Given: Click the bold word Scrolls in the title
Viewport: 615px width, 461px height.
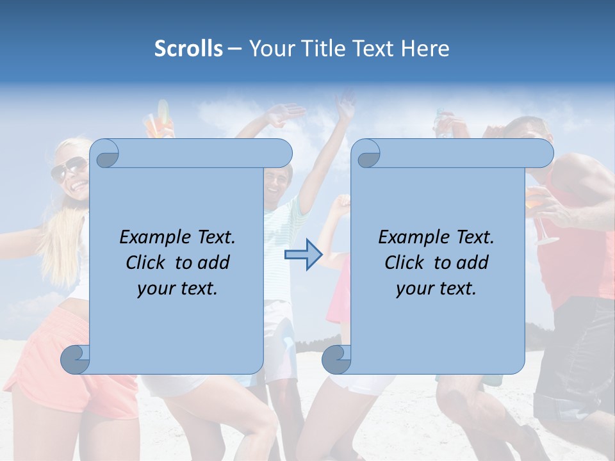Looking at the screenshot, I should (x=188, y=49).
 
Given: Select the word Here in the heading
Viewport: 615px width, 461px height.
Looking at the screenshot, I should (x=425, y=49).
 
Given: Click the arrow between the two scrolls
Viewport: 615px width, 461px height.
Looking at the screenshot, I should (x=303, y=255).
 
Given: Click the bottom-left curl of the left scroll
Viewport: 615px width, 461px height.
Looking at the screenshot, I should (x=76, y=359).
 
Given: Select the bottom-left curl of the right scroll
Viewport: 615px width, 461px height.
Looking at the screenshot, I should (x=336, y=359).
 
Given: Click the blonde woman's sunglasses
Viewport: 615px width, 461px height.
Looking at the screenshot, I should (x=69, y=169).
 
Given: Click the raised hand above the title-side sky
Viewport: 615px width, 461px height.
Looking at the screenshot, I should (x=346, y=106).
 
